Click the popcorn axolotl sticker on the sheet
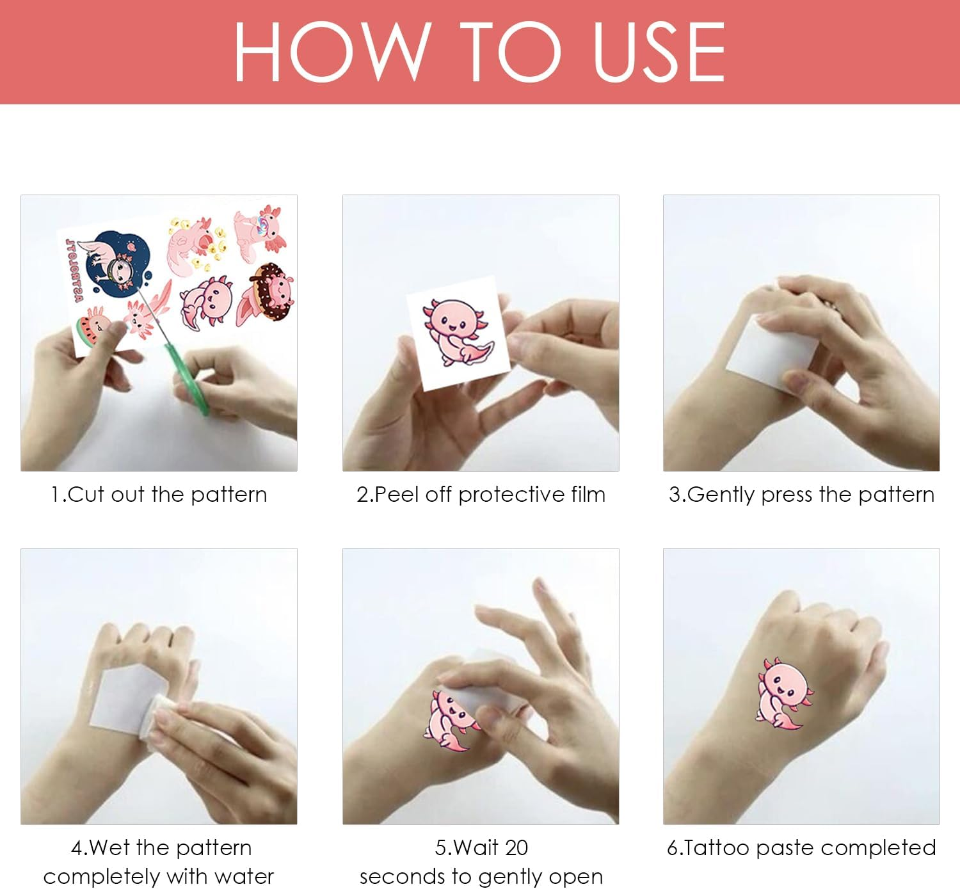click(196, 247)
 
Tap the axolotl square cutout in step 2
click(458, 333)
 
